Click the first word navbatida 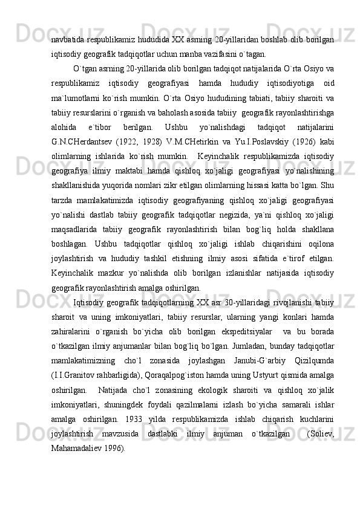point(69,39)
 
